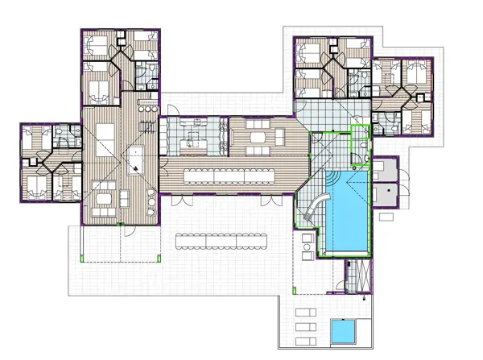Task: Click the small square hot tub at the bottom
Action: (x=345, y=330)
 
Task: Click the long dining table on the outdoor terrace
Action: (x=222, y=239)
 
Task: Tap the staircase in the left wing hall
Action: (x=147, y=126)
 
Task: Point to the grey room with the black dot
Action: (x=385, y=193)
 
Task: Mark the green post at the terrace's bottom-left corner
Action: (x=85, y=258)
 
